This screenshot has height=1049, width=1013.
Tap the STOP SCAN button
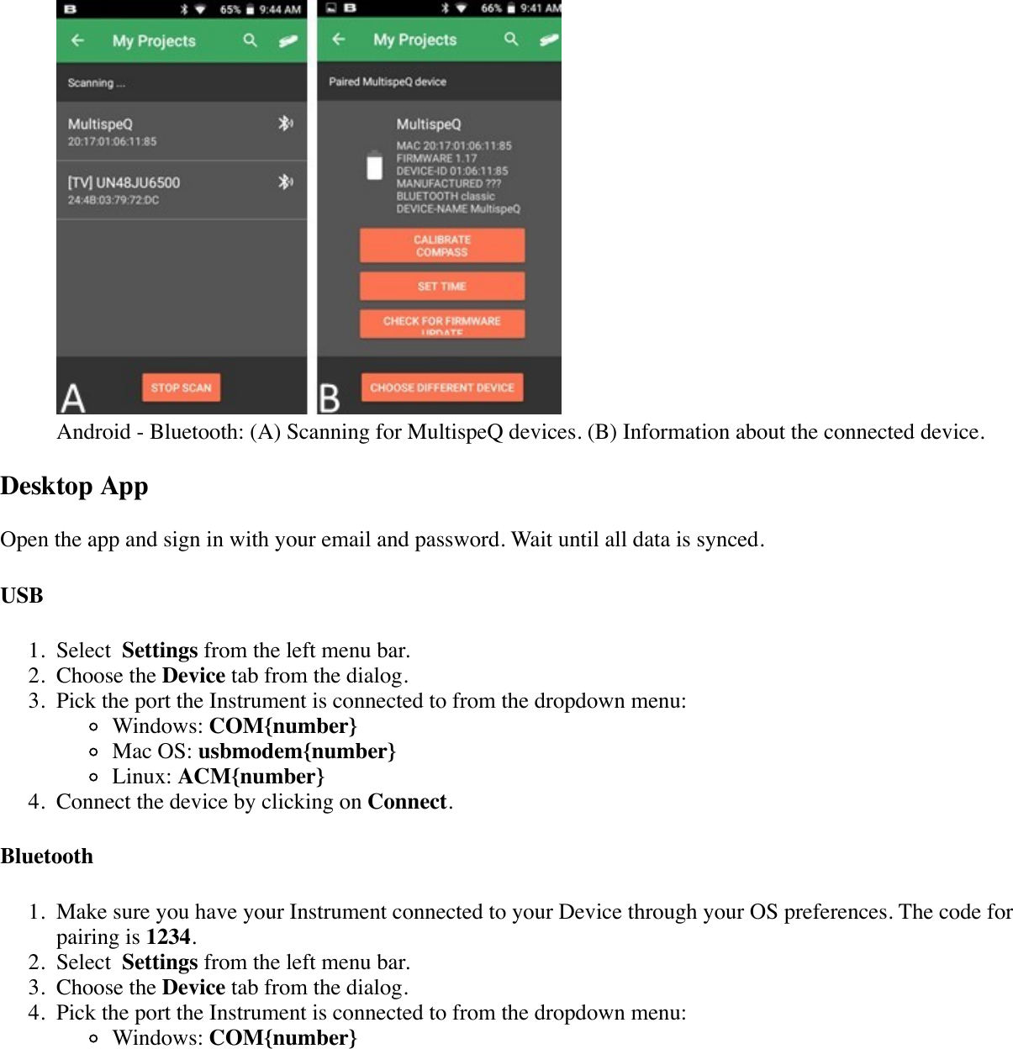(x=181, y=387)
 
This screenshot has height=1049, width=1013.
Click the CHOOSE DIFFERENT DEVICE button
(x=441, y=387)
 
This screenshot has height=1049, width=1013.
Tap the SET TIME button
(x=441, y=286)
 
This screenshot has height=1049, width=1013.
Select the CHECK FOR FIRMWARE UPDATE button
(x=441, y=323)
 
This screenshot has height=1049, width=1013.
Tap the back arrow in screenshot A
(x=78, y=40)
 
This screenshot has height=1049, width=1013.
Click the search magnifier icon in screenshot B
(x=511, y=40)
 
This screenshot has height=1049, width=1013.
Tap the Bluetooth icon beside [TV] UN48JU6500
(x=286, y=182)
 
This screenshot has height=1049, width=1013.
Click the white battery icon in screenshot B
(x=375, y=166)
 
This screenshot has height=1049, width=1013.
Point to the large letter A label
(x=73, y=398)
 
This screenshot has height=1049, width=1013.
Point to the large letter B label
(x=330, y=398)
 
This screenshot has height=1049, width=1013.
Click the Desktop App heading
(x=75, y=487)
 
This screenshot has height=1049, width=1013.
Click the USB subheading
(x=22, y=596)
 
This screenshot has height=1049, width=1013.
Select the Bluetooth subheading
(x=47, y=857)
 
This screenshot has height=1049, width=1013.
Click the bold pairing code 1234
(x=168, y=937)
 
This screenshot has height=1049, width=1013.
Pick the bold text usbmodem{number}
(x=297, y=751)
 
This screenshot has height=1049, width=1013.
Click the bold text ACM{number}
(x=251, y=777)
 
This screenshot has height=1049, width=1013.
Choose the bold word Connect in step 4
(x=407, y=802)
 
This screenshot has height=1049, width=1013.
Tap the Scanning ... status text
(x=96, y=83)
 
